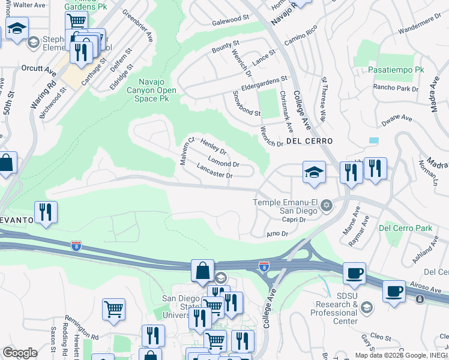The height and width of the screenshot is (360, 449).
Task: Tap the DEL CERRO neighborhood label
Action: (309, 141)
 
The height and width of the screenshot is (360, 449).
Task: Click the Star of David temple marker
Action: (327, 206)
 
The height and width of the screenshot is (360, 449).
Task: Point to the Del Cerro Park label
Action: (406, 228)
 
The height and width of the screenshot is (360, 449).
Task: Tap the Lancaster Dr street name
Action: (214, 171)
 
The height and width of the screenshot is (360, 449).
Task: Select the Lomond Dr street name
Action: (223, 161)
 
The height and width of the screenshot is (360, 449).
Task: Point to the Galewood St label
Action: (231, 19)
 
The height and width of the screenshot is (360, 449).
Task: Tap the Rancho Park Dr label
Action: (396, 89)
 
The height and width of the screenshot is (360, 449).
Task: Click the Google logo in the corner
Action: (20, 352)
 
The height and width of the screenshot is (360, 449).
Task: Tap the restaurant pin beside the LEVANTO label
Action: (46, 212)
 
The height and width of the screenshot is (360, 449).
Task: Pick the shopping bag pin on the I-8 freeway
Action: (203, 270)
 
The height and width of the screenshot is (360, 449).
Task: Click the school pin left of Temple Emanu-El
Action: (314, 172)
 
